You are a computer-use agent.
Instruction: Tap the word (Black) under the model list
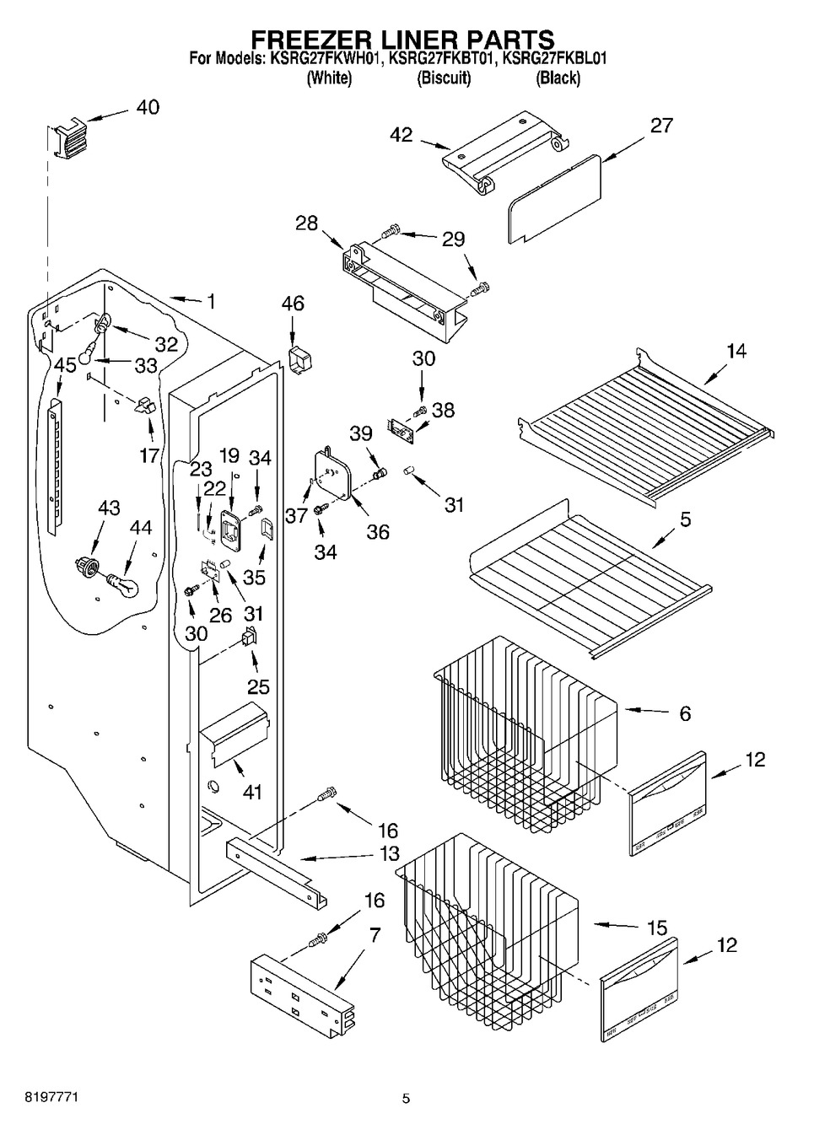(558, 78)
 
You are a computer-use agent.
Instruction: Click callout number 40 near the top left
(148, 107)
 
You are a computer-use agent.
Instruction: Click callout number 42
(402, 134)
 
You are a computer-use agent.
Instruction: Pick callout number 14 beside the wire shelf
(736, 351)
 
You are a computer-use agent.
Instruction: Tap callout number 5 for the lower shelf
(685, 519)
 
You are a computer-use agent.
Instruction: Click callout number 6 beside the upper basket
(685, 713)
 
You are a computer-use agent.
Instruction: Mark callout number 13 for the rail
(389, 854)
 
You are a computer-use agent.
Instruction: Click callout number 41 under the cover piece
(252, 792)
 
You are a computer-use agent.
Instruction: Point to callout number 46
(293, 304)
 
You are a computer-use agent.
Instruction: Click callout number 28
(306, 223)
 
